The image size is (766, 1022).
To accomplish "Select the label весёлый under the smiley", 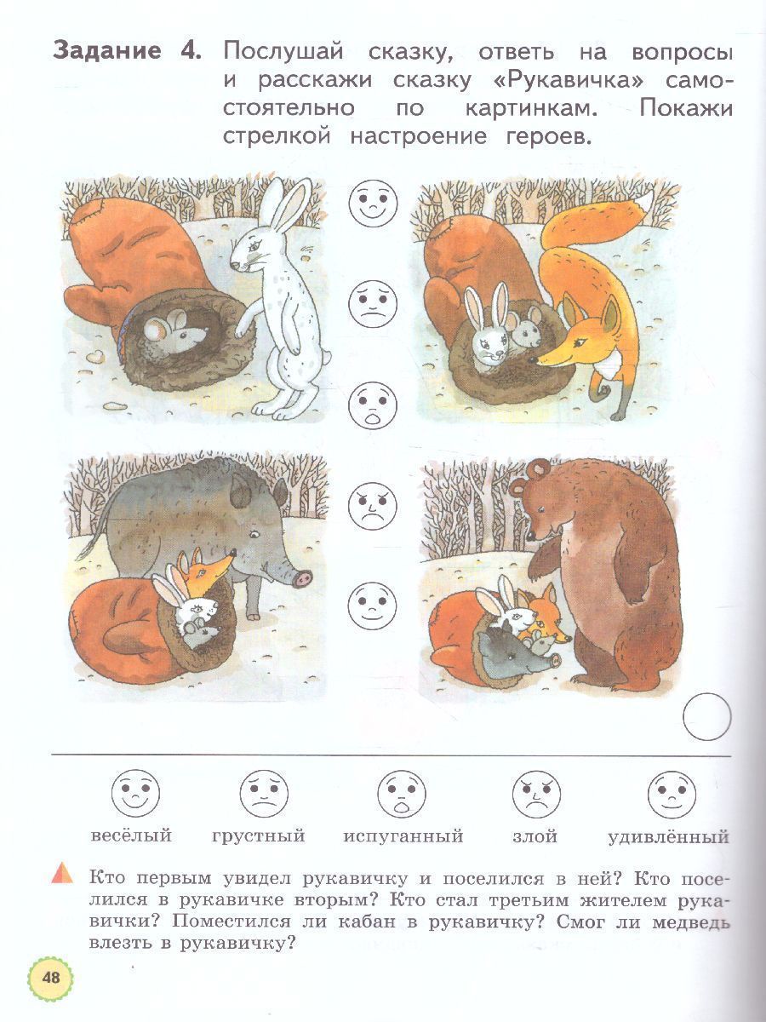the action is point(131,848).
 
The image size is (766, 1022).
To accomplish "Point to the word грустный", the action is point(259,849).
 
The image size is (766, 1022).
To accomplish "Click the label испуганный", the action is point(403,849).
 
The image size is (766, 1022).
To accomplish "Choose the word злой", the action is point(534,849).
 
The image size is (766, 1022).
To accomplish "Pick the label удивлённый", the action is point(669,849).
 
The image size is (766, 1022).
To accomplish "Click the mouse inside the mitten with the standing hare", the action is point(174,327).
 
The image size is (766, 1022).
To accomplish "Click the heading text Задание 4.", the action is point(128,51).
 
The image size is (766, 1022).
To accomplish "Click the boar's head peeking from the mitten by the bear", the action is point(515,653).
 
